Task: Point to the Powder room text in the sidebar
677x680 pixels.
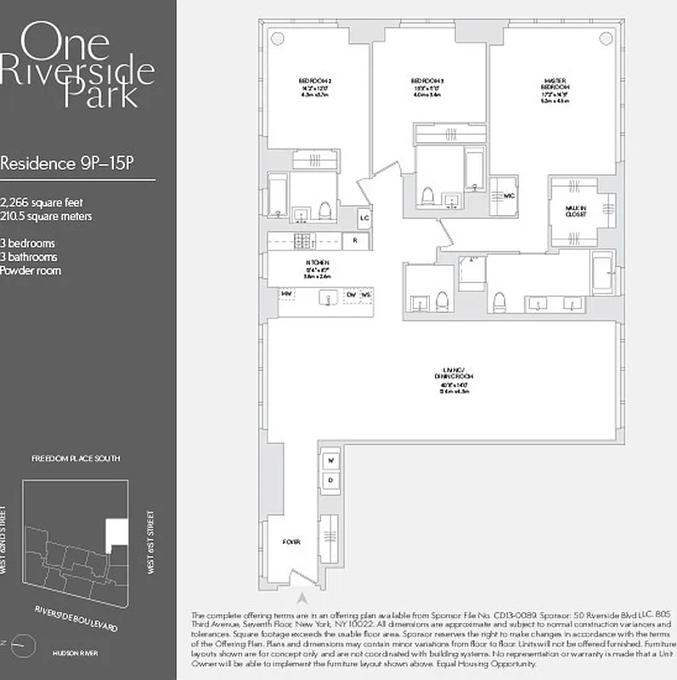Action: coord(31,271)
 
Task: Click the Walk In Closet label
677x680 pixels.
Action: coord(578,210)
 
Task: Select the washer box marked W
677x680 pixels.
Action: coord(331,462)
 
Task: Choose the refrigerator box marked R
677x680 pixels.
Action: coord(355,241)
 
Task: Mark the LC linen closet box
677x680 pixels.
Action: coord(364,218)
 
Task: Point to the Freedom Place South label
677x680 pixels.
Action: coord(76,458)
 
